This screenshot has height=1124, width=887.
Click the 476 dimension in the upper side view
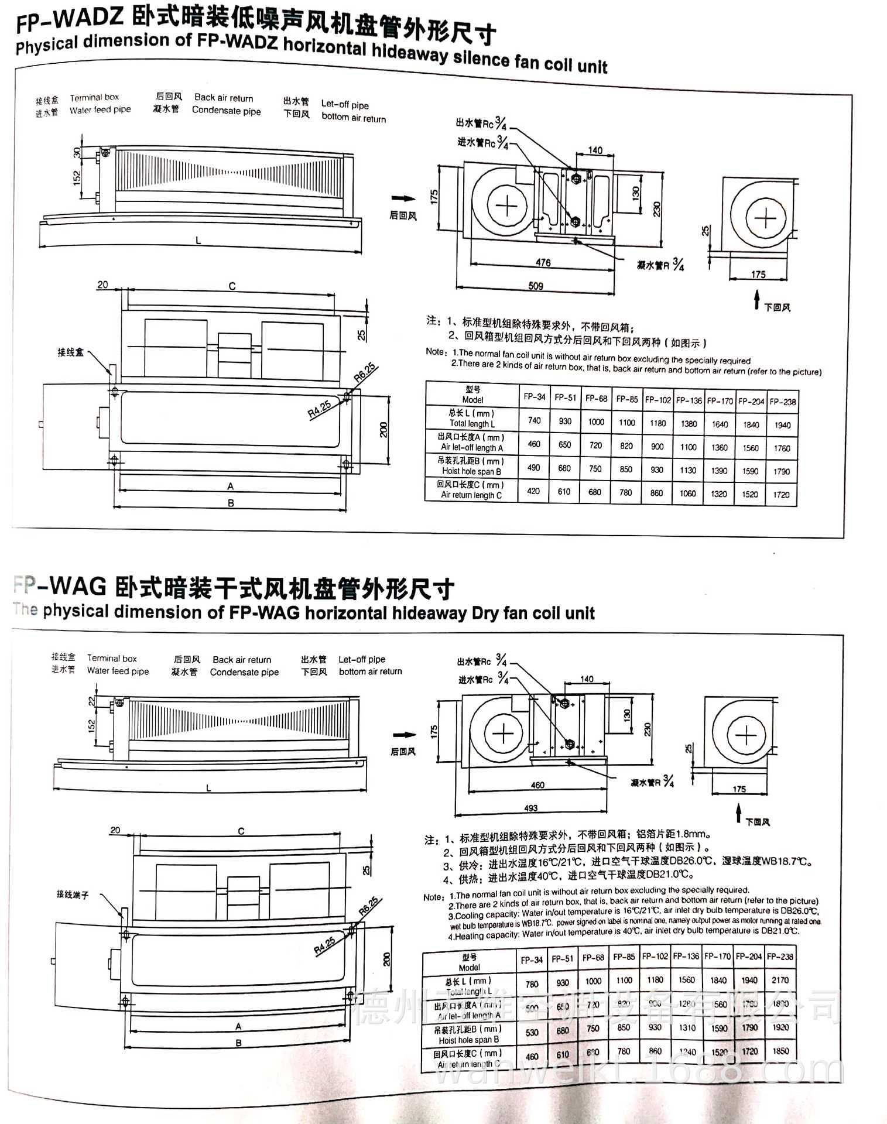click(543, 262)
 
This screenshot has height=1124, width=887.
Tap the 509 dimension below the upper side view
click(535, 286)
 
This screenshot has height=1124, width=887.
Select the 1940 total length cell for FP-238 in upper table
click(782, 425)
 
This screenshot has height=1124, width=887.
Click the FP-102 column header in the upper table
click(657, 400)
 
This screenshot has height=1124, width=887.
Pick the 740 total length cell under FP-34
click(534, 420)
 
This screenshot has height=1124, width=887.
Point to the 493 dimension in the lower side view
click(530, 808)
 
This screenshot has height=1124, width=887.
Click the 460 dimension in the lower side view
click(537, 785)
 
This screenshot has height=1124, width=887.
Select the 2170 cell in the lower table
click(780, 980)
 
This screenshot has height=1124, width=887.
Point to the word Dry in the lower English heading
click(486, 614)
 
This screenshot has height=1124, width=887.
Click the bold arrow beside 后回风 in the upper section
click(404, 198)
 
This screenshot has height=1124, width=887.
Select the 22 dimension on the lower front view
click(91, 701)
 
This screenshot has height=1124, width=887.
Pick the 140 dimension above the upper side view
click(595, 150)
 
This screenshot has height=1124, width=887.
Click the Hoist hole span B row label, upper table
click(471, 471)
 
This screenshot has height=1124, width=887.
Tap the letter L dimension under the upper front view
click(198, 241)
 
